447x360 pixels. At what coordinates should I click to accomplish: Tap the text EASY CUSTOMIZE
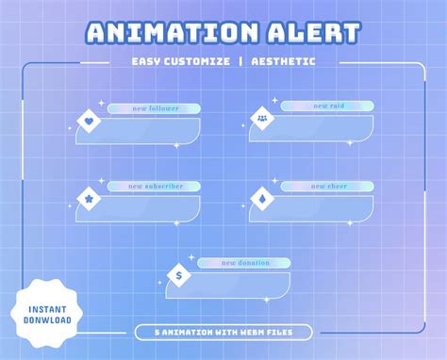pos(182,62)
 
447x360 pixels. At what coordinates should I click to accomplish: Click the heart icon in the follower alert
pos(89,121)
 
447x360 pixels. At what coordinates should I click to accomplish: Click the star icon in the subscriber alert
pos(89,199)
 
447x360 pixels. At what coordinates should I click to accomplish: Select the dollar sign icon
pos(179,276)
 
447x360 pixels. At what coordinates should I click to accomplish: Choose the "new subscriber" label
pos(153,187)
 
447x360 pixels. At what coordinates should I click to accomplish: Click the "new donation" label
pos(244,263)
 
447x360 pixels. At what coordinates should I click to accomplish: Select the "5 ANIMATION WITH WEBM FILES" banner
pos(223,332)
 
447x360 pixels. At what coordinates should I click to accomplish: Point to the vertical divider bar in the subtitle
pos(240,62)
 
